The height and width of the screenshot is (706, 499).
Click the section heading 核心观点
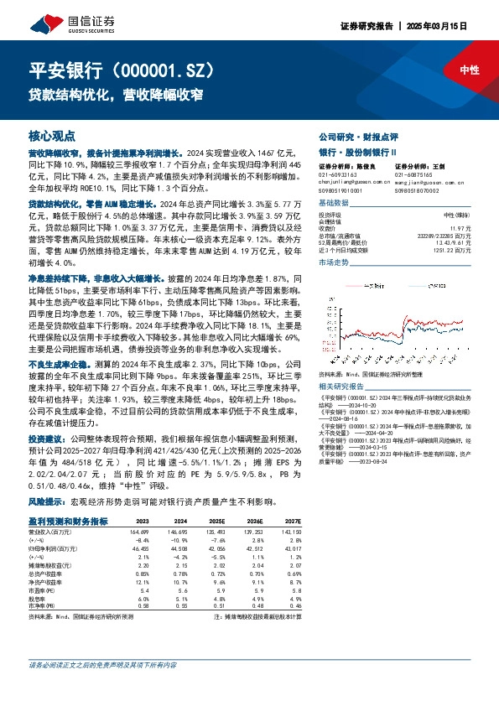52,135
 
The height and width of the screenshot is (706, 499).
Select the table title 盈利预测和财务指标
68,521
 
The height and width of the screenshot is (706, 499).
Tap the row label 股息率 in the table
38,600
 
